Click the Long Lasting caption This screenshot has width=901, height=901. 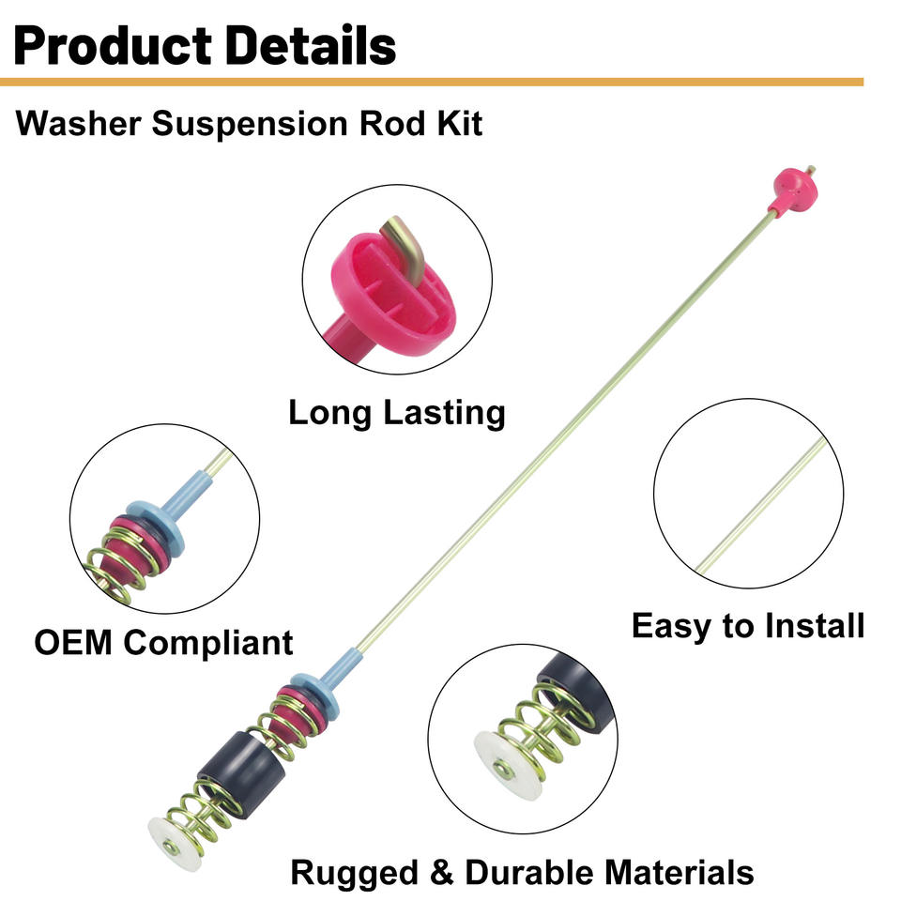tap(396, 413)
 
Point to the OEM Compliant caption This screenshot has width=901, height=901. tap(163, 643)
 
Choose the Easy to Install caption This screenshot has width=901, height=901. tap(747, 625)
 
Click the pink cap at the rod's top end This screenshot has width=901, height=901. tap(792, 190)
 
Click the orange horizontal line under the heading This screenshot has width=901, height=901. tap(432, 83)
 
